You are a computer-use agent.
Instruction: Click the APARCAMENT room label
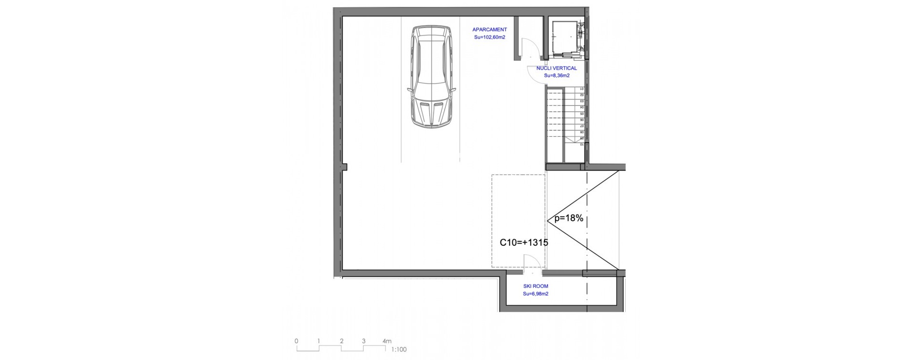(x=489, y=30)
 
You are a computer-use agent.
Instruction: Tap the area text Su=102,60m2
(x=489, y=37)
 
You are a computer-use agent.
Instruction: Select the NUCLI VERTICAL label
(x=557, y=68)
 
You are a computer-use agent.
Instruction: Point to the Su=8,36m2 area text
(x=557, y=76)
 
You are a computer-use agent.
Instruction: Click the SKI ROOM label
(x=535, y=286)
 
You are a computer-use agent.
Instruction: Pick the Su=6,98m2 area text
(x=535, y=294)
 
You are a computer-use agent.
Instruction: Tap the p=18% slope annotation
(x=569, y=218)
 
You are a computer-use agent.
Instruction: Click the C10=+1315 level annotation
(x=523, y=243)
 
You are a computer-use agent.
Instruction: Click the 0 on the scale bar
(x=296, y=341)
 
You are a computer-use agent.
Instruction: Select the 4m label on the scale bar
(x=387, y=341)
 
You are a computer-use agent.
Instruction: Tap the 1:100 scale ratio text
(x=399, y=349)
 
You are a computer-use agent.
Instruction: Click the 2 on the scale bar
(x=341, y=341)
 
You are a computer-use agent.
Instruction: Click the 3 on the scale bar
(x=364, y=341)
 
